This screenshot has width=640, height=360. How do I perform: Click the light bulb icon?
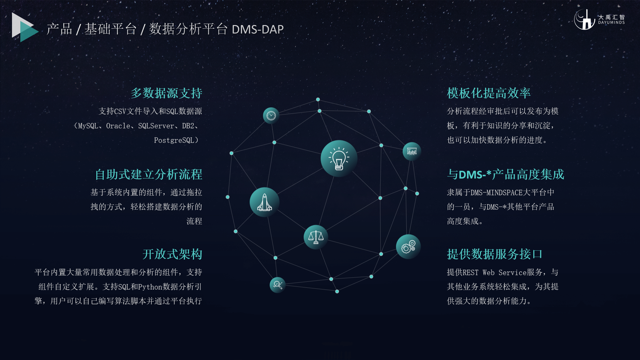click(x=339, y=158)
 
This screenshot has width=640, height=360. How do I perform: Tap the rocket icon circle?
click(x=265, y=202)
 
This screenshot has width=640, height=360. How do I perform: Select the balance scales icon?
click(x=316, y=237)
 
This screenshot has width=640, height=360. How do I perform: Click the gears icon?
click(x=408, y=247)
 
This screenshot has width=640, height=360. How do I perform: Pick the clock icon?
click(x=271, y=116)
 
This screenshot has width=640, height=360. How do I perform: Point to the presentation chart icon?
click(x=412, y=151)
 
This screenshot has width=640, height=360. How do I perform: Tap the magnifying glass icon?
click(x=278, y=285)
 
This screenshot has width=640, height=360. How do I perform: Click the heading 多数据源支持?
click(x=166, y=93)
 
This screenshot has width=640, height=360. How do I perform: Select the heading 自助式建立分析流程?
click(x=149, y=174)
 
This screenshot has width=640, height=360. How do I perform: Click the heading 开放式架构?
click(x=172, y=254)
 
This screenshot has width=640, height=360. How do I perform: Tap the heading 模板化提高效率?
click(x=489, y=93)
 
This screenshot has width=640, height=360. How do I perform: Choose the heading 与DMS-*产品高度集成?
click(x=505, y=174)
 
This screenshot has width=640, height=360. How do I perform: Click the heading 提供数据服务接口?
click(x=495, y=254)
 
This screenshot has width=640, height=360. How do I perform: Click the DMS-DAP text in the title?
click(x=258, y=29)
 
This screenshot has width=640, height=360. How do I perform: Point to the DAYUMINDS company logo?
click(x=599, y=19)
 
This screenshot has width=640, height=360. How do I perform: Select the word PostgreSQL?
click(x=174, y=140)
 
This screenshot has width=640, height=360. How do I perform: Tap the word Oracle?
click(x=118, y=126)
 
